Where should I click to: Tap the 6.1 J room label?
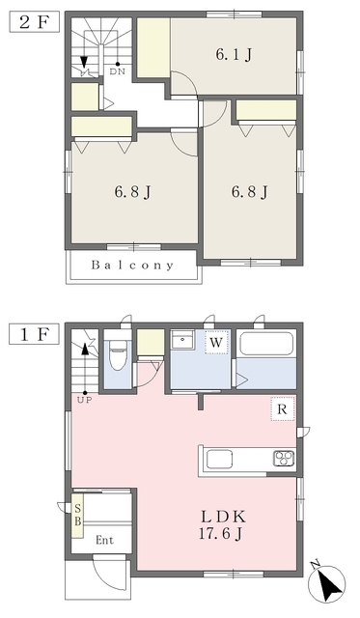click(x=234, y=55)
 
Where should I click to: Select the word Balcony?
click(x=133, y=265)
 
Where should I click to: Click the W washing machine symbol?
click(x=217, y=342)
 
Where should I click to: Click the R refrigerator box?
click(x=283, y=409)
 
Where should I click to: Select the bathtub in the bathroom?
click(x=266, y=345)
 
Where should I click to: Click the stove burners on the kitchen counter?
click(x=284, y=458)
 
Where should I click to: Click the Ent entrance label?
click(x=106, y=541)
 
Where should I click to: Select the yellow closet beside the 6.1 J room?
click(x=152, y=44)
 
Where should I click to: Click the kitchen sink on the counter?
click(x=218, y=458)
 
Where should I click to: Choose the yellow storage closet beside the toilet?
click(x=149, y=343)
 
